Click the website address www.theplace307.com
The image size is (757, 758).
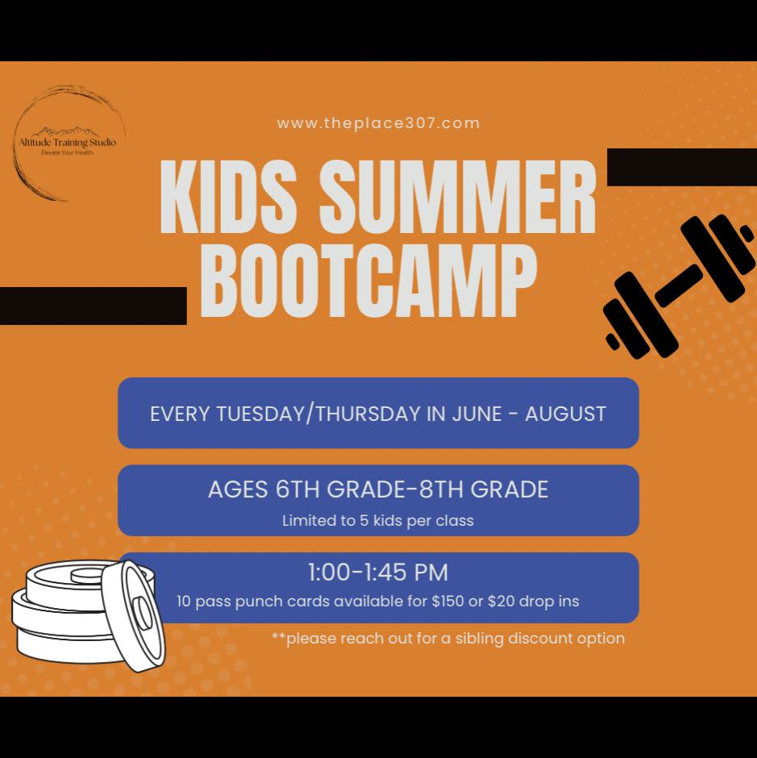pos(379,123)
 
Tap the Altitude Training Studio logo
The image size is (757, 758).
pos(68,143)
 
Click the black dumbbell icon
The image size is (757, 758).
pos(679,286)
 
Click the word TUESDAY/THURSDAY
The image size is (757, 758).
pos(318,414)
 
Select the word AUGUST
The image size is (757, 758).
pos(565,414)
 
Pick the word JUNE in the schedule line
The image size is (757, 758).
pos(476,414)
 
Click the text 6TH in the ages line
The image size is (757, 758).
pos(297,489)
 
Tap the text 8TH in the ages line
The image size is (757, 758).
pos(441,489)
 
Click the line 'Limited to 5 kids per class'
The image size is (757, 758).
pos(378,521)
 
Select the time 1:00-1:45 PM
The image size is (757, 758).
pos(378,573)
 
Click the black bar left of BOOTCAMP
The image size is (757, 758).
pos(94,306)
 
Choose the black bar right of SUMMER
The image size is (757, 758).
pos(682,167)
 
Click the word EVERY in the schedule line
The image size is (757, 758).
pos(180,414)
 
